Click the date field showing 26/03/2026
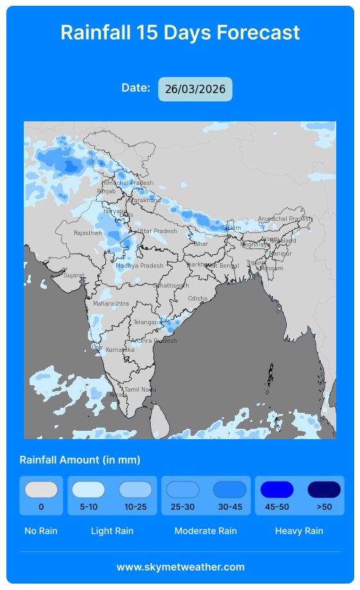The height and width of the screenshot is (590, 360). click(x=195, y=89)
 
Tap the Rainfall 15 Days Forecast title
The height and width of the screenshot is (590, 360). click(x=180, y=32)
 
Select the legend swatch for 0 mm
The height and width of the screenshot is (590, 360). click(x=41, y=490)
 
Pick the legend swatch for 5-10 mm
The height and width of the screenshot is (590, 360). click(x=89, y=490)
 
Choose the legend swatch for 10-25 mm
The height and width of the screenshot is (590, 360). click(x=135, y=490)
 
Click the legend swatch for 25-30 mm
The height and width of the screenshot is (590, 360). click(x=182, y=490)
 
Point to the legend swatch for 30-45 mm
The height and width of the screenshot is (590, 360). click(x=230, y=490)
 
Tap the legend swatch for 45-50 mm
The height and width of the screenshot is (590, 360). click(x=277, y=490)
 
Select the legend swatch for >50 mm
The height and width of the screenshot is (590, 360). click(x=324, y=490)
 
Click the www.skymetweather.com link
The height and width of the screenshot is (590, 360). click(x=180, y=567)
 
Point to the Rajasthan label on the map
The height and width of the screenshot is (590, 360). click(x=88, y=233)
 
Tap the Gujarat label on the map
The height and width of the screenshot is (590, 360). click(x=74, y=275)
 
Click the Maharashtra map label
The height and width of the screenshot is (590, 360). click(x=111, y=303)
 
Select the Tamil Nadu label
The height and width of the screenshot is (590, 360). click(x=141, y=390)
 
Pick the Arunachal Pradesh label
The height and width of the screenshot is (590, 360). click(x=285, y=219)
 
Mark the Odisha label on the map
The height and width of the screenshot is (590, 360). click(x=198, y=299)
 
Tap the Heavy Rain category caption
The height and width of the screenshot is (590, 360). click(x=299, y=531)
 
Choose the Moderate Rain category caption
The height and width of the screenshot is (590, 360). click(x=205, y=531)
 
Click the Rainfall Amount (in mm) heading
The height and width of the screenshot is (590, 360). click(x=80, y=460)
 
